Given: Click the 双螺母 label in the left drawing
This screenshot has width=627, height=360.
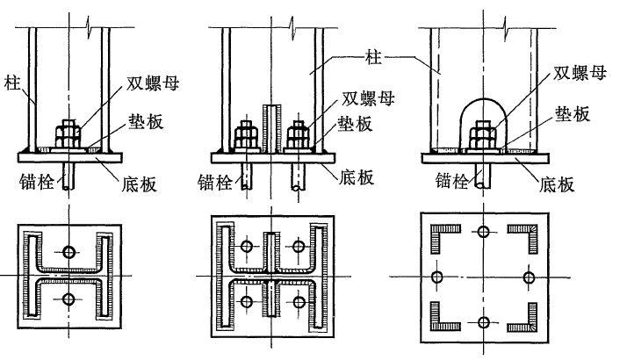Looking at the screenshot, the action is point(153,83).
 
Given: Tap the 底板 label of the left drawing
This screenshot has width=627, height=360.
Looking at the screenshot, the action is point(139,184).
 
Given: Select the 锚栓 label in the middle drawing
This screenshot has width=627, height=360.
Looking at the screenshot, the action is point(215,183).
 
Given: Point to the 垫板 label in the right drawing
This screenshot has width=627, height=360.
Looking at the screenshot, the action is point(573,114).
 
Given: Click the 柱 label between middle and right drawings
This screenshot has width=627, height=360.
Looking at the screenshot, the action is point(373,57).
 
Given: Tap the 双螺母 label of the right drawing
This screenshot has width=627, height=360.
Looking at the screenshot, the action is point(580,73).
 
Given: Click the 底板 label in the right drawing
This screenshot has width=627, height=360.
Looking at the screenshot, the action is point(557,184).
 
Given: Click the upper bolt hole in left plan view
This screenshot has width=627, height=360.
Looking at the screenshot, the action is point(69,252).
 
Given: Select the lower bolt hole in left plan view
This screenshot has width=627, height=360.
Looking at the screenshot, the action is point(68,299).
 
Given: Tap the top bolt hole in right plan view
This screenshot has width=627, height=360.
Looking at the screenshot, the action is point(484,232).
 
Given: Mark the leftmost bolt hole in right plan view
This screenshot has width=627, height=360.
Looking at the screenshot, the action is point(437,277).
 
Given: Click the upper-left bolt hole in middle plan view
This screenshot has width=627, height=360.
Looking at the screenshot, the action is point(247,247).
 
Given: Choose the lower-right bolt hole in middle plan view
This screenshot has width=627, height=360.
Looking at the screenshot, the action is point(299,301).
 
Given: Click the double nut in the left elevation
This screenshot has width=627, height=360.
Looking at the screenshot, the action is point(68,133).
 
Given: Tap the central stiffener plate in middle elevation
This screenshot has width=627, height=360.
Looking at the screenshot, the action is point(272,129).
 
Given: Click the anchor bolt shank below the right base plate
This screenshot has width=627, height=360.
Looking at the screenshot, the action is point(483,176).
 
